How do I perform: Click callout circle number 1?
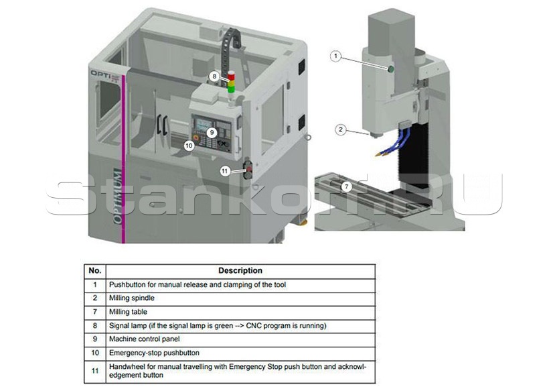[x=336, y=56]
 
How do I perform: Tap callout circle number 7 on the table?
[x=345, y=186]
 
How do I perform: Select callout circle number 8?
[x=214, y=76]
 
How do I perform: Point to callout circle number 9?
[x=210, y=133]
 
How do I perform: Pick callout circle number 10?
[x=189, y=144]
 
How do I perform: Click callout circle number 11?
[x=225, y=171]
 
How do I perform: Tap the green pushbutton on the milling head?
[x=390, y=69]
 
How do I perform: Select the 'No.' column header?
[x=94, y=271]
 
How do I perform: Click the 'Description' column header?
[x=240, y=271]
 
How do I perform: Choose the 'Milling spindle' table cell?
[x=133, y=298]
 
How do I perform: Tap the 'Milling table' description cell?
[x=128, y=312]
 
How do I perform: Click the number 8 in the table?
[x=94, y=325]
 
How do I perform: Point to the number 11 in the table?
[x=94, y=371]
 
